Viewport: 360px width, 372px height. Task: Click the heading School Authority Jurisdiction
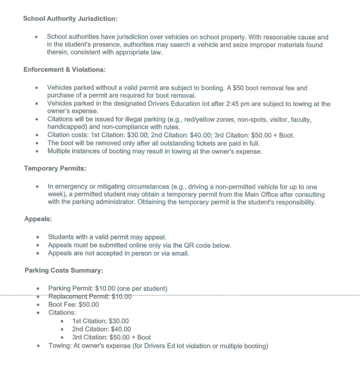pyautogui.click(x=70, y=19)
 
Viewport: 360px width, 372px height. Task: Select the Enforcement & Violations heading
pyautogui.click(x=64, y=69)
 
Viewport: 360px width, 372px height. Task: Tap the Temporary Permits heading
pyautogui.click(x=55, y=168)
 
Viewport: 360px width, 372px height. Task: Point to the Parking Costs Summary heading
pyautogui.click(x=64, y=270)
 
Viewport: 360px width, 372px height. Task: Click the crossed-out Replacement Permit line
pyautogui.click(x=90, y=296)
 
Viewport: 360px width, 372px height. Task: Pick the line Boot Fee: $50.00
pyautogui.click(x=74, y=304)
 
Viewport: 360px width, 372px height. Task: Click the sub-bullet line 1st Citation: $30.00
pyautogui.click(x=100, y=321)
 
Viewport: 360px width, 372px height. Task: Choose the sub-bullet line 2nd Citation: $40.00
pyautogui.click(x=101, y=329)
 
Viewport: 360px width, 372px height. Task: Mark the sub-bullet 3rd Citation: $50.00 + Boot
pyautogui.click(x=111, y=337)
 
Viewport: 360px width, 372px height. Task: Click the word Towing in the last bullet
pyautogui.click(x=60, y=345)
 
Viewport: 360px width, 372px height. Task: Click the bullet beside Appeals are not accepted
pyautogui.click(x=37, y=253)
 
